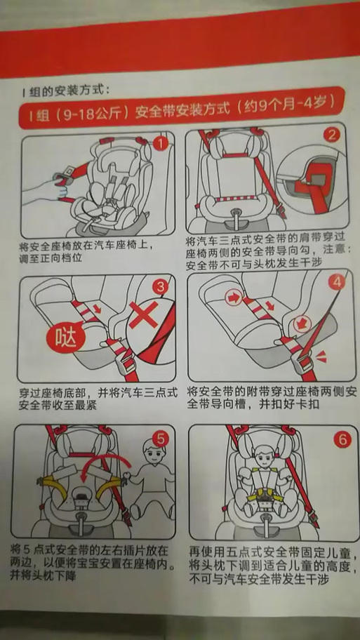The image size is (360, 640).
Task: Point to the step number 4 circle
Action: (339, 282)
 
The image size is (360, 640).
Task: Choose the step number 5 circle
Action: (161, 439)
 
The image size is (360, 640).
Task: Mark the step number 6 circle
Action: (342, 440)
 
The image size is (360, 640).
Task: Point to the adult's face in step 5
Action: (149, 452)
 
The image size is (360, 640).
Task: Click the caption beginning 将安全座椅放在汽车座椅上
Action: (85, 253)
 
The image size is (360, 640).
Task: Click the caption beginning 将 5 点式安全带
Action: (91, 562)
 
